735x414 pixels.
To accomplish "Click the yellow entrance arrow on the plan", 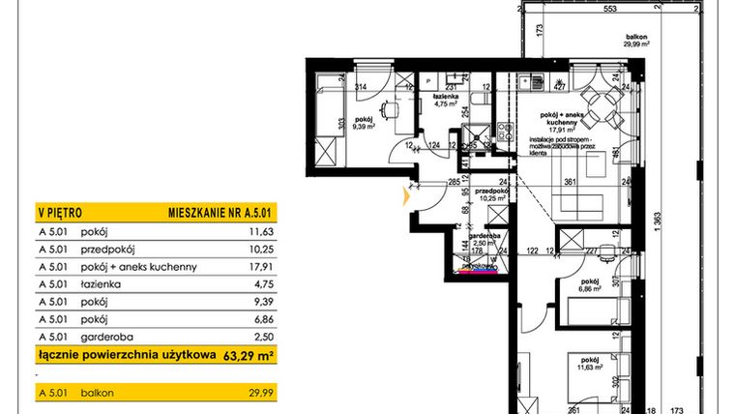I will coord(407,196).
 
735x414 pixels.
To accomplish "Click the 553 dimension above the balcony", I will coord(582,8).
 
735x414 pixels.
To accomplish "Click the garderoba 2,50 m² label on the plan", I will coord(473,245).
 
